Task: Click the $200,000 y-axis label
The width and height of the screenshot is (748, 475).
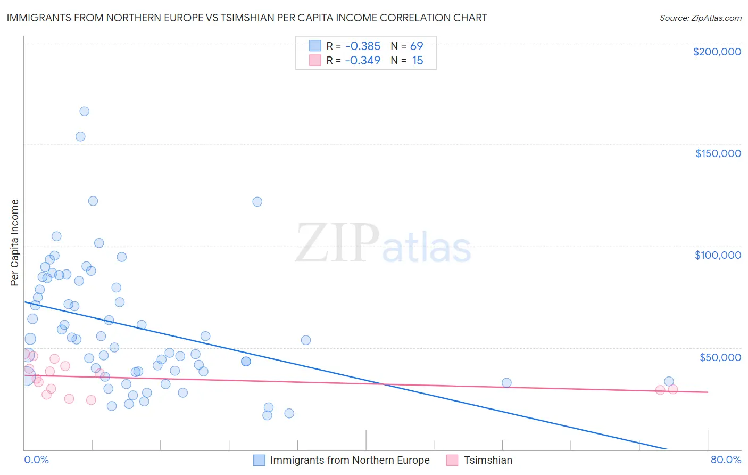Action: click(717, 52)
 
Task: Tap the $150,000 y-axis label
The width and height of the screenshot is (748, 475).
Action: click(718, 153)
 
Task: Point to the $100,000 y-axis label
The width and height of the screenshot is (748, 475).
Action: click(718, 255)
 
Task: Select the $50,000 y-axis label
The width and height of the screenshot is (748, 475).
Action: click(720, 357)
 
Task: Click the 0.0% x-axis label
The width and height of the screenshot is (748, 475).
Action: click(36, 460)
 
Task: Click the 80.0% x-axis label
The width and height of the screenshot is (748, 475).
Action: click(726, 460)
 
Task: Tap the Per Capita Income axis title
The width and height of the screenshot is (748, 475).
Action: click(15, 242)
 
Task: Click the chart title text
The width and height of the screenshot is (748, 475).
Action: click(247, 18)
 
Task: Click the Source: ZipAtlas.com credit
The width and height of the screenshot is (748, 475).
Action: click(700, 18)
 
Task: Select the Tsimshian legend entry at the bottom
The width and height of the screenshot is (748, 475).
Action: click(487, 460)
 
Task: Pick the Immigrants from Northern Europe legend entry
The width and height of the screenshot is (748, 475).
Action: click(350, 460)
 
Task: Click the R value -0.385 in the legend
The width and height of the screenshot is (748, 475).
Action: click(362, 46)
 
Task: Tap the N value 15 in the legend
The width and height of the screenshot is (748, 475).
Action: click(417, 61)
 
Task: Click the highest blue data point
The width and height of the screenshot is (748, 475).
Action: click(84, 111)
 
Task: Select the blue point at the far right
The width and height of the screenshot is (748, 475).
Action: click(669, 381)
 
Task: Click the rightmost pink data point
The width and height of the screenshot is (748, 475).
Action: click(673, 389)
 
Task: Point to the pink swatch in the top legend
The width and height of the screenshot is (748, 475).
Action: click(315, 61)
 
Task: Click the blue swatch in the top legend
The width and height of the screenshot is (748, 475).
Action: click(315, 46)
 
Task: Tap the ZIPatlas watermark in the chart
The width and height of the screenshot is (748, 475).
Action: click(383, 244)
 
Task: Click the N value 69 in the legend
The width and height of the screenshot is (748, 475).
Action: click(416, 46)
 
